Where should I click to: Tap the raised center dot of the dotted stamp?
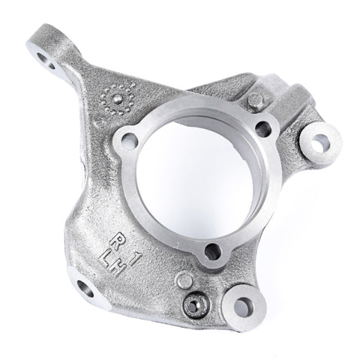[116, 98]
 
